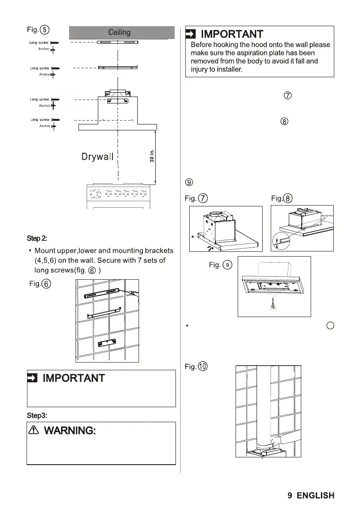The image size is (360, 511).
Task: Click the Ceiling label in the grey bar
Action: point(119,33)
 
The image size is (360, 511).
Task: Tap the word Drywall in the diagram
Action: point(97,157)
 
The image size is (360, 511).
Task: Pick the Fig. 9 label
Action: point(221,265)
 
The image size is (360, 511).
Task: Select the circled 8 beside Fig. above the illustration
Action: point(288,198)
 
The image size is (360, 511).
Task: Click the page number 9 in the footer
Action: point(290,496)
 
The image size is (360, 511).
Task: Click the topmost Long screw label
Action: point(39,42)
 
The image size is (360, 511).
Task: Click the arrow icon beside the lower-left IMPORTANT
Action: point(33,378)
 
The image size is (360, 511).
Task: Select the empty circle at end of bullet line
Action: point(330,326)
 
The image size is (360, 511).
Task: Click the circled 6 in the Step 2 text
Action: point(91,271)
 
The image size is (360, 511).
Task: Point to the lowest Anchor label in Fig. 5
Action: point(45,126)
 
